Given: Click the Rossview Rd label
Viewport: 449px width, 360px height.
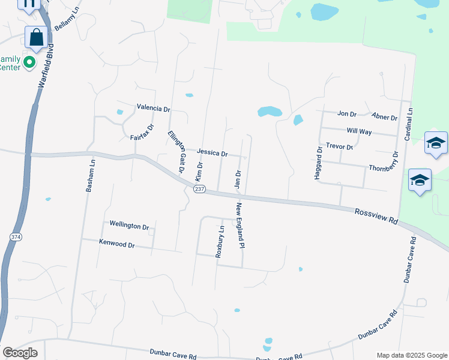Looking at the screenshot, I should click(376, 217).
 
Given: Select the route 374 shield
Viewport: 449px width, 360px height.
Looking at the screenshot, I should click(15, 237).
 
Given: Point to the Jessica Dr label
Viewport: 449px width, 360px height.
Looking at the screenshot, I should click(212, 153).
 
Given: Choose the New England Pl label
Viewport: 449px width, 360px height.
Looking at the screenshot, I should click(240, 226).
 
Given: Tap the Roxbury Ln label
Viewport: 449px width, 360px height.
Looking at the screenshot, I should click(221, 241).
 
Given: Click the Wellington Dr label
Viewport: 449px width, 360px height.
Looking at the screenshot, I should click(128, 226).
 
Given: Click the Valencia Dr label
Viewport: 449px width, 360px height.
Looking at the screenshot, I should click(154, 109).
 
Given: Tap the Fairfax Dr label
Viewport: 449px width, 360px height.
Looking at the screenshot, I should click(142, 133).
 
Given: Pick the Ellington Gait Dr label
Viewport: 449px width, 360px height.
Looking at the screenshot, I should click(176, 152).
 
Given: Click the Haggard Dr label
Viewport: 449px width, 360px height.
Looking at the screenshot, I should click(319, 164).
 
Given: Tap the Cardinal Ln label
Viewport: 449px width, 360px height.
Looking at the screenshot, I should click(408, 125).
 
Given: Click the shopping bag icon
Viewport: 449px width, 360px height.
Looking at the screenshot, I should click(37, 37).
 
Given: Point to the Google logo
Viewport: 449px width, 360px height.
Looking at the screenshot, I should click(20, 352).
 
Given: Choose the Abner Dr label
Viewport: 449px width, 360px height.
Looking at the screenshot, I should click(384, 118).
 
